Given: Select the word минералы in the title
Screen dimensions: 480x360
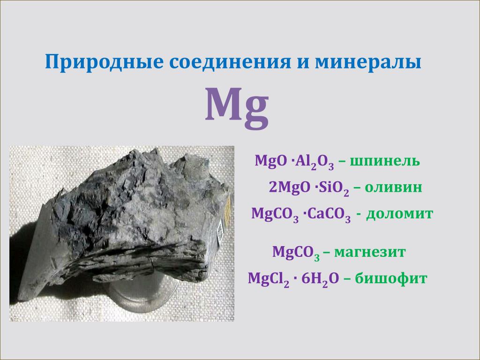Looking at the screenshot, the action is [368, 62].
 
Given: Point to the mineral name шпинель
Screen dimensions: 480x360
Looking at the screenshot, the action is [384, 161].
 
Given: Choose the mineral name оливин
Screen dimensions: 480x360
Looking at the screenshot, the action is [393, 187].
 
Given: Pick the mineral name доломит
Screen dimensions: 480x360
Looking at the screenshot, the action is [399, 213].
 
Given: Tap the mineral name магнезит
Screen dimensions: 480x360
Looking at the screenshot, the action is [370, 252].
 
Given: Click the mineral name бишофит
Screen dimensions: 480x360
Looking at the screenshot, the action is [391, 278].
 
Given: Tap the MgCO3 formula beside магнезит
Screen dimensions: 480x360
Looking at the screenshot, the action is [296, 253].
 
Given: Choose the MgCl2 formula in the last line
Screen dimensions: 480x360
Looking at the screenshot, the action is [269, 279].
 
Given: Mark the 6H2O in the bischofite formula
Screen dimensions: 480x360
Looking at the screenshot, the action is [320, 279].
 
